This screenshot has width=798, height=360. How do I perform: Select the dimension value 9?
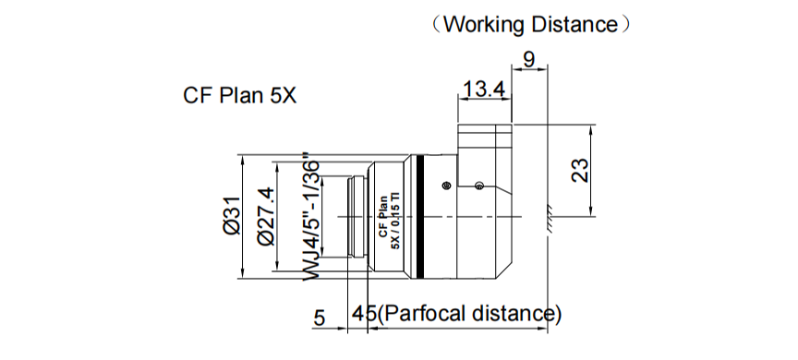(528, 60)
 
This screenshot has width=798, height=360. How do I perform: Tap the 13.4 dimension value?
(484, 89)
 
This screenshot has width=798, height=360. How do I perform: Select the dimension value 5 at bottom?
(319, 318)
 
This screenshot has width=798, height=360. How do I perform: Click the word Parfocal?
(419, 314)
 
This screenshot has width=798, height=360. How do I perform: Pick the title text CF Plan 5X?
(239, 96)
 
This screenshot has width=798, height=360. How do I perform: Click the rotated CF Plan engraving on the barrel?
(380, 217)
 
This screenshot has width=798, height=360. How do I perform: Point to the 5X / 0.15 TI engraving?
(393, 217)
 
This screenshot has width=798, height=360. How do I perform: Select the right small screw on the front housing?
(478, 186)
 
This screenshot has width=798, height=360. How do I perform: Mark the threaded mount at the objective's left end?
(353, 216)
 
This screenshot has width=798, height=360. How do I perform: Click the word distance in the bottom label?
(514, 314)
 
